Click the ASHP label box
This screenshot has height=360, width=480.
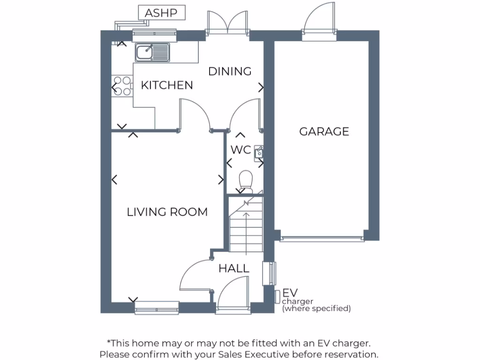[162, 13]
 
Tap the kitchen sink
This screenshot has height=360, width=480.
[152, 52]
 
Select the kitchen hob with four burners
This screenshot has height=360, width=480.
[121, 86]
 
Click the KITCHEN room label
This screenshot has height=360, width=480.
[167, 85]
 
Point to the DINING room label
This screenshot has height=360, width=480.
[230, 71]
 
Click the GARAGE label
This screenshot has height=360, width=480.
[324, 131]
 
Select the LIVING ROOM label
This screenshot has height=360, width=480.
[167, 212]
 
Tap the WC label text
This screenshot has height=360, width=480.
[241, 150]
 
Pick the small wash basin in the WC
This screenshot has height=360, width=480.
[258, 152]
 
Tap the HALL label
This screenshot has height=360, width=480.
[234, 269]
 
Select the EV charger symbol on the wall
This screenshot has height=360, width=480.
[277, 296]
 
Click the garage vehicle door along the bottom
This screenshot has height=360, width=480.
[322, 239]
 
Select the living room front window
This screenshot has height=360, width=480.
[157, 307]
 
